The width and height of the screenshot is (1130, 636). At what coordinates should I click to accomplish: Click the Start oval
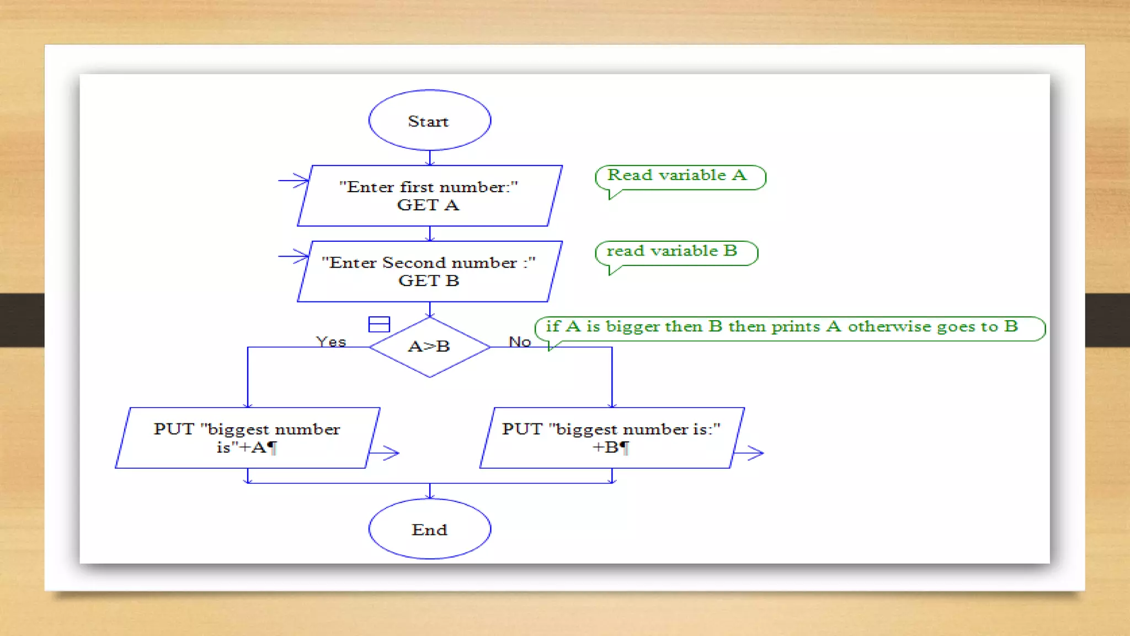tap(429, 120)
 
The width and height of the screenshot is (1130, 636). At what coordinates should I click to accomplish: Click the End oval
tap(429, 529)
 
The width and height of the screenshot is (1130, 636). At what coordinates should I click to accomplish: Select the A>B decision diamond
tap(429, 347)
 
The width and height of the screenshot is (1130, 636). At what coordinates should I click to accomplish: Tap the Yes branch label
tap(331, 342)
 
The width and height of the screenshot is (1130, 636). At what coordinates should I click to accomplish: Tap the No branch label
tap(520, 342)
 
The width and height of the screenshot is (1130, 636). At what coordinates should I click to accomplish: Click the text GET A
tap(428, 205)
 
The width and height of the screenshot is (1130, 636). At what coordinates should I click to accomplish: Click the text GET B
tap(429, 281)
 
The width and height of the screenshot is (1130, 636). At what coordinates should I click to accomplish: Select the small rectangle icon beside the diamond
tap(379, 324)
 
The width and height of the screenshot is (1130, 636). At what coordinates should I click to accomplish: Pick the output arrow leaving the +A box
tap(385, 453)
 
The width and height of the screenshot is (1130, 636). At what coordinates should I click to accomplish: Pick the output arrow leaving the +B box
tap(749, 453)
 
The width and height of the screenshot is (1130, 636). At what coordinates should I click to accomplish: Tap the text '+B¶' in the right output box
tap(611, 447)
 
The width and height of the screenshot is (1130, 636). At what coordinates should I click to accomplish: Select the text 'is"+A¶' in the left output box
tap(246, 447)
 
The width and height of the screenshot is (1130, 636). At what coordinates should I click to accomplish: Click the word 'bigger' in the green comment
tap(632, 327)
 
